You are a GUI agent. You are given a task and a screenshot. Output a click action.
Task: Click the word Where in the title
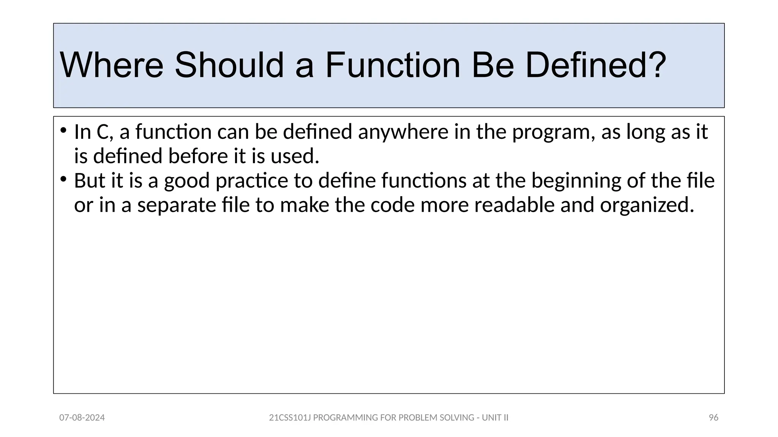(112, 65)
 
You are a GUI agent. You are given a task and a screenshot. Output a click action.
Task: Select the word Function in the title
(392, 65)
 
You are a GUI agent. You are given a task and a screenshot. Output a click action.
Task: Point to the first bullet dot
(63, 131)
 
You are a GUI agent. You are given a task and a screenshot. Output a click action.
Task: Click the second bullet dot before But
(63, 179)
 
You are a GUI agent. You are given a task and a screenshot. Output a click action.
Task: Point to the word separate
(177, 205)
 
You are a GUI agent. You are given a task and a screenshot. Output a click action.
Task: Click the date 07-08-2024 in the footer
(82, 418)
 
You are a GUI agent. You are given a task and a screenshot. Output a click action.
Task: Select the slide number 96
(713, 418)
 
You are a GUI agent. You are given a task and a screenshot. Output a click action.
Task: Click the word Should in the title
(229, 65)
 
